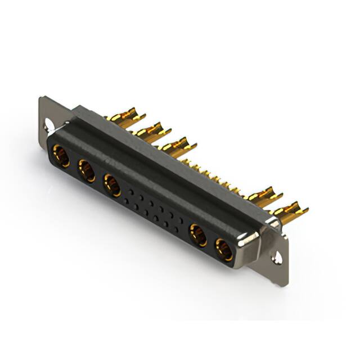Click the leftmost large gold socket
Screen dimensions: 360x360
[60, 156]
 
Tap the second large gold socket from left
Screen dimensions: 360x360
[87, 170]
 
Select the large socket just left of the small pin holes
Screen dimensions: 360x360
[111, 185]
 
